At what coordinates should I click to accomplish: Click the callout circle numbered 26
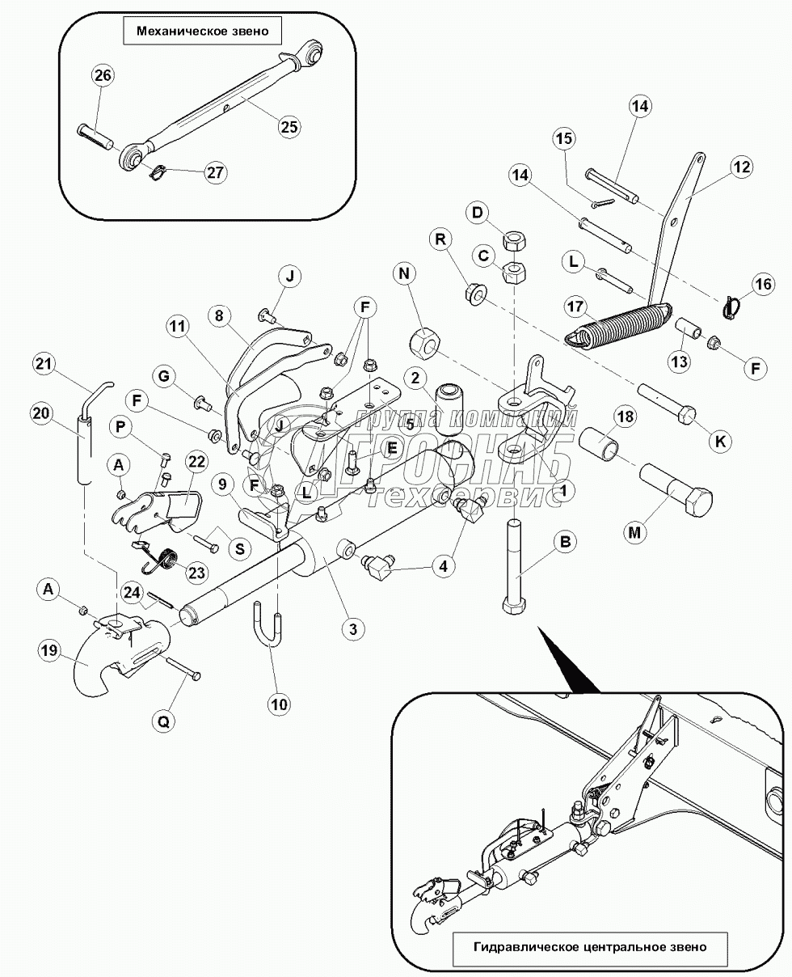(x=103, y=76)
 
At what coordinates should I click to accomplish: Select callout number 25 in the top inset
(x=289, y=126)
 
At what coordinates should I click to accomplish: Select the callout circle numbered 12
(x=740, y=167)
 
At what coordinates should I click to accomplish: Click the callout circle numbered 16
(x=762, y=284)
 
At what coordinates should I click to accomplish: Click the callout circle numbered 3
(x=352, y=627)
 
